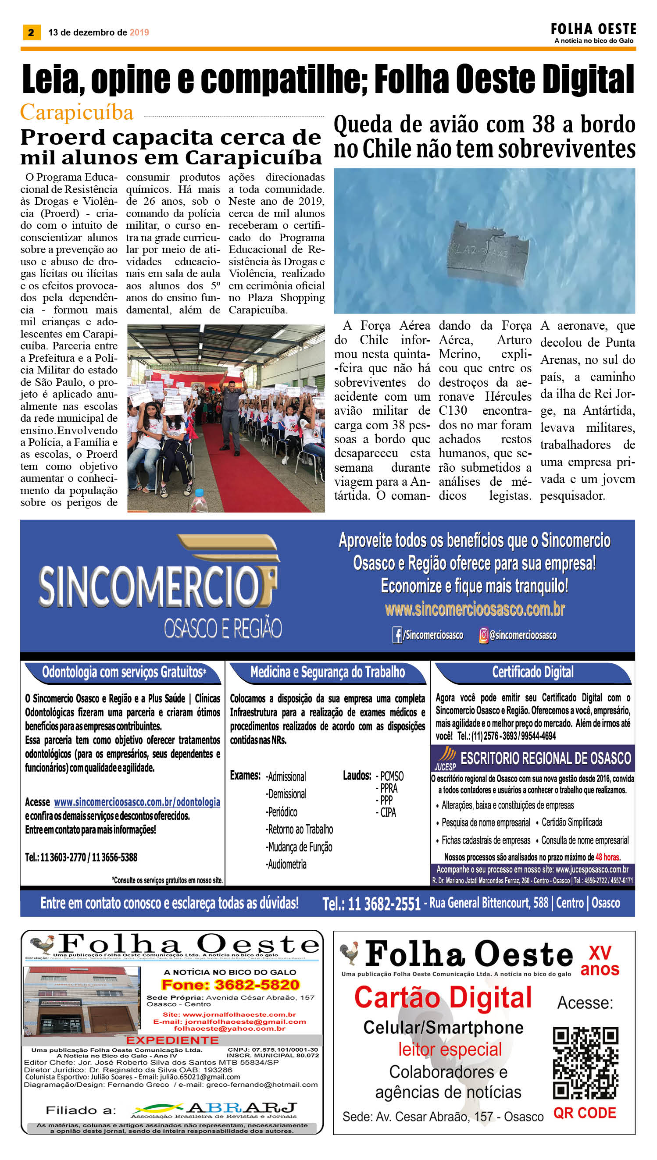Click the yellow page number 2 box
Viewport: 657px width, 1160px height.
pyautogui.click(x=31, y=32)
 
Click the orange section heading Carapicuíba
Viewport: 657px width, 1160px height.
pyautogui.click(x=77, y=112)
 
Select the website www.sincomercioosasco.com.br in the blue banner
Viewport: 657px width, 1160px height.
pyautogui.click(x=475, y=609)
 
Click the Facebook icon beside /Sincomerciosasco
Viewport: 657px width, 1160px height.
pyautogui.click(x=397, y=635)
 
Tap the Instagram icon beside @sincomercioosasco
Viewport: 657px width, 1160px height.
pyautogui.click(x=483, y=635)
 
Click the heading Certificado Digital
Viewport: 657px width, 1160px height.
pyautogui.click(x=532, y=672)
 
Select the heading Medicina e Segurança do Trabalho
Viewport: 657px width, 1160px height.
pyautogui.click(x=328, y=672)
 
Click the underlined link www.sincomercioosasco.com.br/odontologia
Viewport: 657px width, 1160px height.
pyautogui.click(x=137, y=802)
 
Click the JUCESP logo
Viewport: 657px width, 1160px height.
pyautogui.click(x=446, y=758)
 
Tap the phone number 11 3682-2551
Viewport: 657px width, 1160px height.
pyautogui.click(x=371, y=904)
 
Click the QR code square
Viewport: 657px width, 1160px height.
pyautogui.click(x=585, y=1063)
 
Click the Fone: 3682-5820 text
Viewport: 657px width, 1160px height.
pyautogui.click(x=231, y=985)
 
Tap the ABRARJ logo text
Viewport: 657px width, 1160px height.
pyautogui.click(x=242, y=1108)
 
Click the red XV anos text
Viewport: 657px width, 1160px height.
pyautogui.click(x=600, y=961)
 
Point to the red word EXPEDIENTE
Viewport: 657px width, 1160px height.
pyautogui.click(x=172, y=1040)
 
